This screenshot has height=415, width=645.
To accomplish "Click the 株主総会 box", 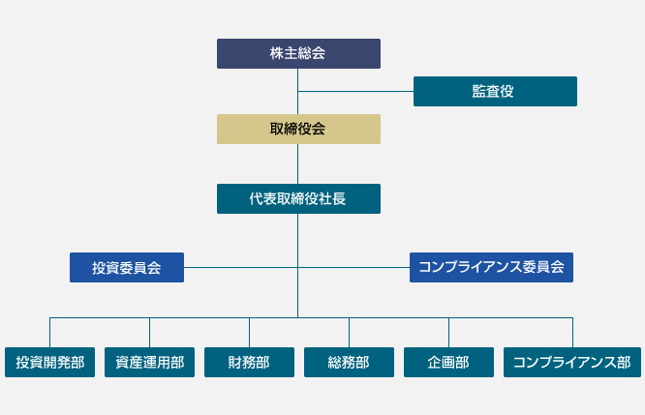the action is pos(298,53).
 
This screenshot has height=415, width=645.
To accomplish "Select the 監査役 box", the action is pos(495,91).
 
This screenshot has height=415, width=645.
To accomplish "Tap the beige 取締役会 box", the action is pos(298,129).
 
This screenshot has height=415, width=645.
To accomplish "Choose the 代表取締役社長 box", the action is pos(298,199).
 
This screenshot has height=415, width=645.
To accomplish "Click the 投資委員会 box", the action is pos(127,268).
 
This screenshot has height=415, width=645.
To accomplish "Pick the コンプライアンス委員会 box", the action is pos(491,268).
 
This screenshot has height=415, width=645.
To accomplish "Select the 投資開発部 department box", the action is pos(49,362).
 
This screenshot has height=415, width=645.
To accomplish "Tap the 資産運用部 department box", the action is pos(150,362).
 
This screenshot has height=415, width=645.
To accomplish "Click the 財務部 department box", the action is pos(249,362).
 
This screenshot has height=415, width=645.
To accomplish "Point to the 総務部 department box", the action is pos(349,362).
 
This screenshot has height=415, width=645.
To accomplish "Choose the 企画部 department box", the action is pos(448,362).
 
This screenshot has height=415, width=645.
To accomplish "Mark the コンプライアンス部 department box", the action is pos(572,362).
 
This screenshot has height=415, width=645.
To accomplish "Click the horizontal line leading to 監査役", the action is pos(355,91).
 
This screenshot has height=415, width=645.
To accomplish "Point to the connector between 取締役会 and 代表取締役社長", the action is pos(298,163).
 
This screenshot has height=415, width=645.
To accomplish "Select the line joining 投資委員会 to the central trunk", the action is pos(240,268).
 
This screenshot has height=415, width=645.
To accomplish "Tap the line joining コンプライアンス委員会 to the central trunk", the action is pos(353,268).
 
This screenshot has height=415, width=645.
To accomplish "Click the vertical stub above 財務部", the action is pos(249,333).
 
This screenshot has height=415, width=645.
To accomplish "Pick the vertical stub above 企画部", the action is pos(448,333).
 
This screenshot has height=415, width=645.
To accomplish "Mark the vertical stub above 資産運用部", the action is pos(150,333).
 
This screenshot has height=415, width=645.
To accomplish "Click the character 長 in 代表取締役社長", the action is pos(339,199).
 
